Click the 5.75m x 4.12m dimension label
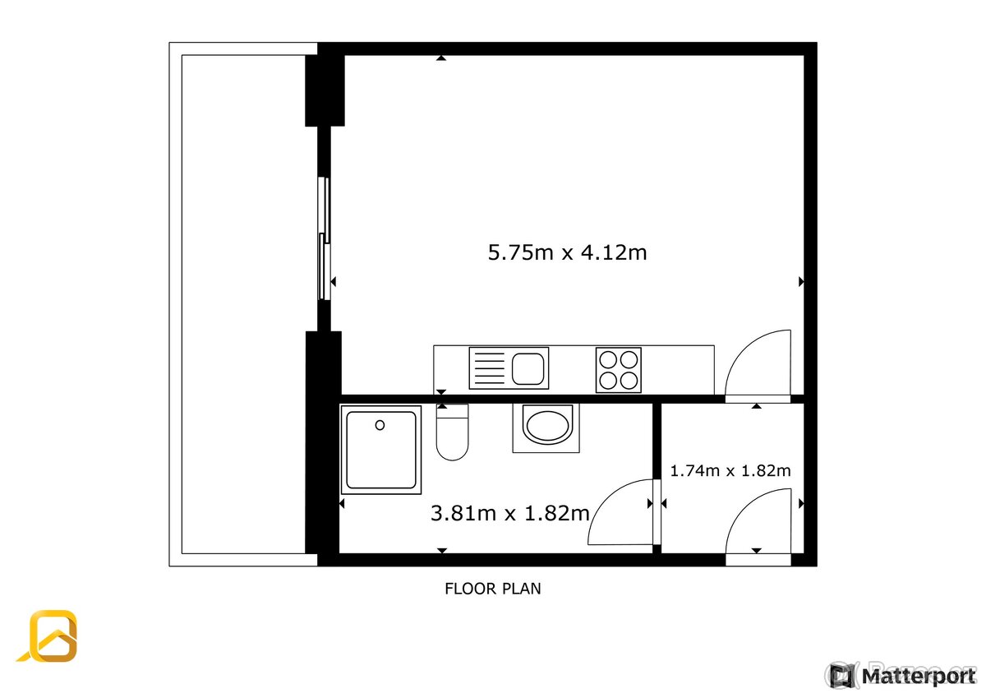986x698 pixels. click(x=567, y=252)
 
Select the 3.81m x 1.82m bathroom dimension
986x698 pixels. click(x=509, y=514)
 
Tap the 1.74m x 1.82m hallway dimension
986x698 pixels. click(x=730, y=471)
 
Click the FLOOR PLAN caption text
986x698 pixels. click(x=492, y=589)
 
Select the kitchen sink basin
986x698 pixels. click(x=528, y=368)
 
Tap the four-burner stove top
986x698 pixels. click(x=618, y=370)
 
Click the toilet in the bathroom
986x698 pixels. click(x=451, y=433)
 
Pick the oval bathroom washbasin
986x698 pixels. click(x=546, y=427)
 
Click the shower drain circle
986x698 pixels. click(x=380, y=425)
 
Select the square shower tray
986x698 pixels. click(x=381, y=450)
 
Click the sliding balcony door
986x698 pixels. click(x=325, y=238)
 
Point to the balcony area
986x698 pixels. click(x=243, y=304)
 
